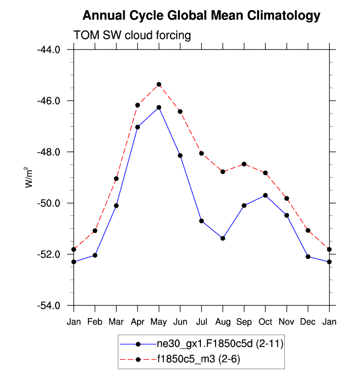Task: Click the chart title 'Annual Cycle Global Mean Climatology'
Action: click(201, 16)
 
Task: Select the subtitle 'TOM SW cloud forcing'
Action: click(132, 35)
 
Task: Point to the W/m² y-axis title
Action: click(29, 177)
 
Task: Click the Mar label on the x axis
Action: click(116, 322)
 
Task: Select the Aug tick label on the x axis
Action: click(223, 322)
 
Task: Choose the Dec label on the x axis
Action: click(308, 322)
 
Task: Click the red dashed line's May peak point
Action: click(159, 84)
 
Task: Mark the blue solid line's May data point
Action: click(159, 107)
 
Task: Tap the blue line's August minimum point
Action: click(223, 238)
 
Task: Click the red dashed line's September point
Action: click(244, 164)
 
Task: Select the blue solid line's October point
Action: click(266, 195)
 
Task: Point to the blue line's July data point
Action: click(201, 221)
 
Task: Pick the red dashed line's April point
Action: click(138, 105)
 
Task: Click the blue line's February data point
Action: click(95, 255)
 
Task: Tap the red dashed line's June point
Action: click(180, 111)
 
